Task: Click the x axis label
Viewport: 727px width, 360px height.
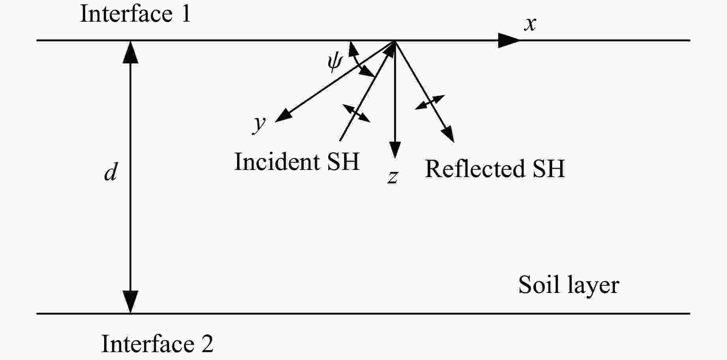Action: click(530, 24)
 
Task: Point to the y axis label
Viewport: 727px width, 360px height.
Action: click(260, 123)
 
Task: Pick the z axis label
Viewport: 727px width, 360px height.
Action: click(392, 177)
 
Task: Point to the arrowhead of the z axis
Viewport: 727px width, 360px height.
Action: click(395, 151)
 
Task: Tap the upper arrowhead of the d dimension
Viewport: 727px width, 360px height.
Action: click(131, 51)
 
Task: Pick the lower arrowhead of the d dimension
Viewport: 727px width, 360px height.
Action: click(131, 302)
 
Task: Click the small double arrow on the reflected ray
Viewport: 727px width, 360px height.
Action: click(430, 102)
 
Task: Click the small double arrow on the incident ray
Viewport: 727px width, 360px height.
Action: click(356, 113)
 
